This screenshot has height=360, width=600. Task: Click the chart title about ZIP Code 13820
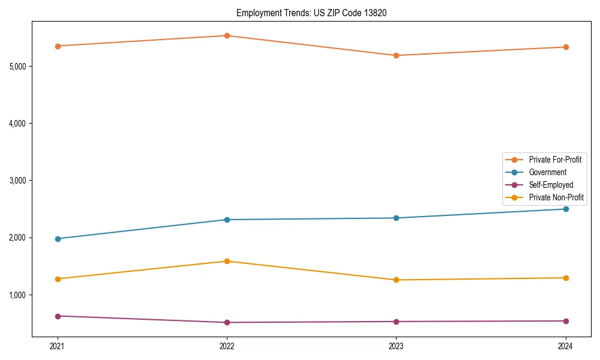click(311, 13)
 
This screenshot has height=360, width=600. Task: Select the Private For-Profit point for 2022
click(227, 35)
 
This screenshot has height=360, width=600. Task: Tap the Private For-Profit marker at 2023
click(396, 55)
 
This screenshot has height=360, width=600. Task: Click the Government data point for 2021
click(58, 239)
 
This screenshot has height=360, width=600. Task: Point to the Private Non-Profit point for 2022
click(227, 261)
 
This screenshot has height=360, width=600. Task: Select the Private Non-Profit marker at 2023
click(396, 280)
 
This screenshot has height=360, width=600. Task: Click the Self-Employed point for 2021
click(58, 316)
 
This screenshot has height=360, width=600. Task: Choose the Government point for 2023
click(396, 218)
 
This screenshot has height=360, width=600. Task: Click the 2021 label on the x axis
click(58, 346)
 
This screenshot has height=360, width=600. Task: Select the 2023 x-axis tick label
click(396, 346)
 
